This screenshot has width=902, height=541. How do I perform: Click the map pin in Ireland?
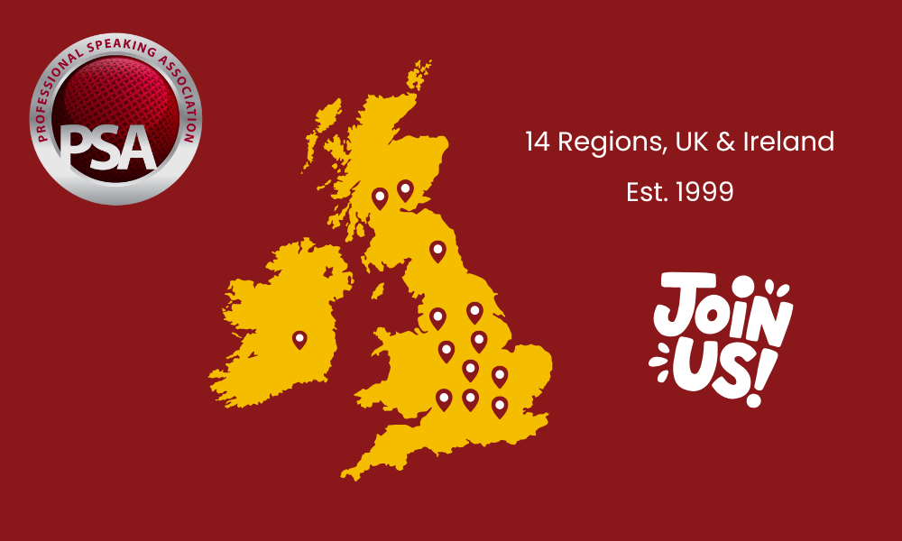click(x=299, y=339)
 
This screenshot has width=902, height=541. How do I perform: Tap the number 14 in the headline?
click(x=538, y=142)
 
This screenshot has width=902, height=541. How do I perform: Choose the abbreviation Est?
click(x=645, y=192)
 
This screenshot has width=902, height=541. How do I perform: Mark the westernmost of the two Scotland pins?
click(x=380, y=197)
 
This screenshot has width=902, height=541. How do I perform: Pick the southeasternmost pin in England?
click(x=500, y=406)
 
